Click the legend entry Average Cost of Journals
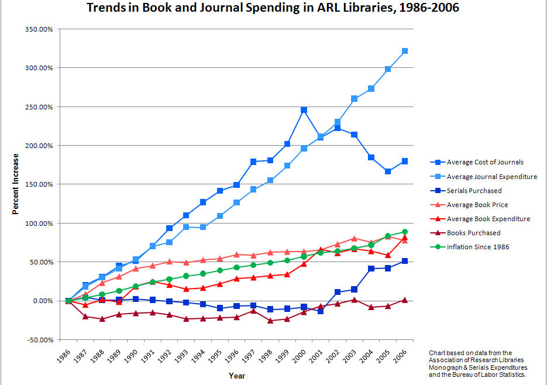click(485, 162)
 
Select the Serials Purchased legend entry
click(474, 191)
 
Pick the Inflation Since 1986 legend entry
click(478, 247)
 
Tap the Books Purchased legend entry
click(473, 233)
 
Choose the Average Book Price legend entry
click(477, 205)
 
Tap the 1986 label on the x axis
click(66, 356)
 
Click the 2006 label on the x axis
click(400, 356)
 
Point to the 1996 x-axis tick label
click(232, 356)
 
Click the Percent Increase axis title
click(16, 184)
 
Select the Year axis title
click(237, 376)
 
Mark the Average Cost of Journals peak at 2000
click(304, 110)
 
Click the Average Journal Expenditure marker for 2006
click(404, 51)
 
